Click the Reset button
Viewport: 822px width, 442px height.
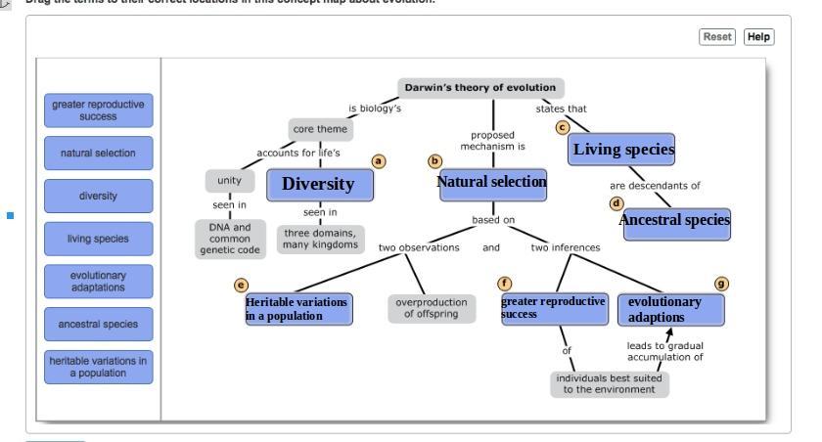pos(717,36)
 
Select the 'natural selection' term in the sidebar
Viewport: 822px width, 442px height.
pos(99,153)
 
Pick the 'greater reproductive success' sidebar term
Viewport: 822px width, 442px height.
pos(99,110)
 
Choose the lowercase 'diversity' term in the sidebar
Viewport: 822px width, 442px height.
pos(99,196)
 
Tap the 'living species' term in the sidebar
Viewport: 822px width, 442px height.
pos(99,238)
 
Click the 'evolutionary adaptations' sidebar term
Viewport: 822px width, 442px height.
pos(99,281)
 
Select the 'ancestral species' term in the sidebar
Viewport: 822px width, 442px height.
pos(99,323)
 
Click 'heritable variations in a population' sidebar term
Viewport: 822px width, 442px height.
pos(99,366)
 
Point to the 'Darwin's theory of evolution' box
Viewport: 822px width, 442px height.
pos(480,88)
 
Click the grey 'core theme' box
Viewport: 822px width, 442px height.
pos(320,129)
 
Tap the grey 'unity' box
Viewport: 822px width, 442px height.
pos(229,181)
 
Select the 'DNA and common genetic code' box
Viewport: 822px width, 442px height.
pos(229,239)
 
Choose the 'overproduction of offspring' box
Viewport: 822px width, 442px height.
pos(428,308)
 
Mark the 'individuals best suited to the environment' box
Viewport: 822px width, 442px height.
pos(609,383)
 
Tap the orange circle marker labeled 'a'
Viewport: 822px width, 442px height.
pos(379,160)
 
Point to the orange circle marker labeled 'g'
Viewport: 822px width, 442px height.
pos(722,284)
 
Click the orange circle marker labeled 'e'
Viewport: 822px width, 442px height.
pos(241,285)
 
